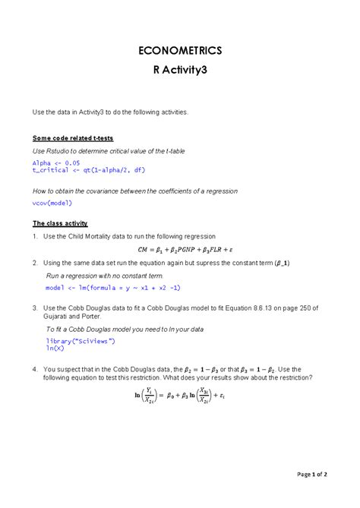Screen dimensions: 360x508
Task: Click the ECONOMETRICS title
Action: coord(179,51)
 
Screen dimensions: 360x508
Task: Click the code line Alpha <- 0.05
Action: coord(56,162)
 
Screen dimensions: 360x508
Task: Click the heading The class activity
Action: coord(60,223)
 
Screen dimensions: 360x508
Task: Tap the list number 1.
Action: coord(35,236)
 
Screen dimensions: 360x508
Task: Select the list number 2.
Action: coord(35,262)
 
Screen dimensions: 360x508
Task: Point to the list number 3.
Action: coord(35,308)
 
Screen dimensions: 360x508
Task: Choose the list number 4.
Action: coord(35,369)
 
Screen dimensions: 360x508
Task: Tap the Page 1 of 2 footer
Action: coord(312,475)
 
